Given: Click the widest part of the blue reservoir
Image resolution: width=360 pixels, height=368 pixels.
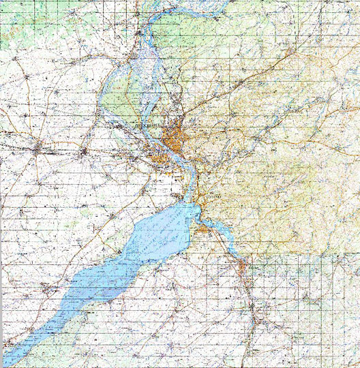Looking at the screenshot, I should pos(160,235).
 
